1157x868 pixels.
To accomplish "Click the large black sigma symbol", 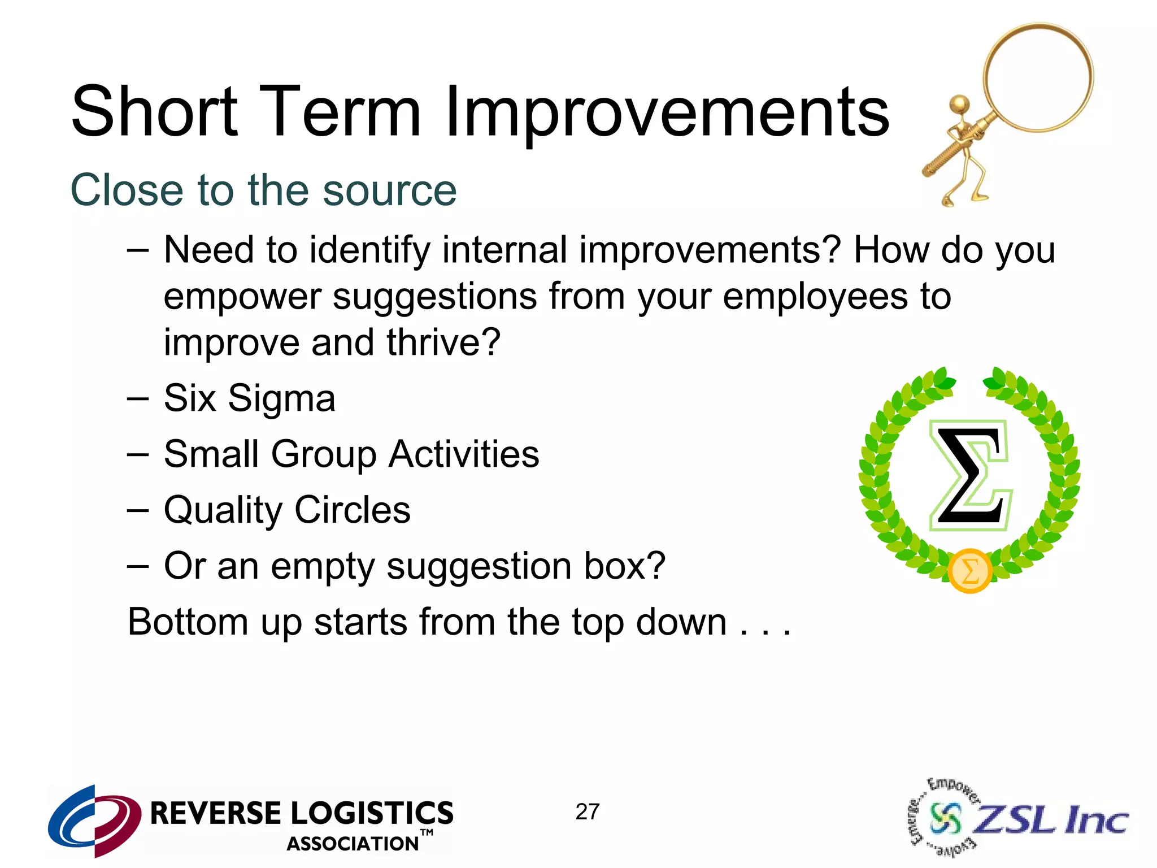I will [969, 475].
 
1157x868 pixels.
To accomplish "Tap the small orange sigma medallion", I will [969, 571].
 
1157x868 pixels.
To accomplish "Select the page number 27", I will [587, 812].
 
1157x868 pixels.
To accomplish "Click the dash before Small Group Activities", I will [138, 454].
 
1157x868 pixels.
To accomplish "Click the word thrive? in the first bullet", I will [443, 343].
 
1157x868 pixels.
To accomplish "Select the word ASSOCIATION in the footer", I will [353, 844].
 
